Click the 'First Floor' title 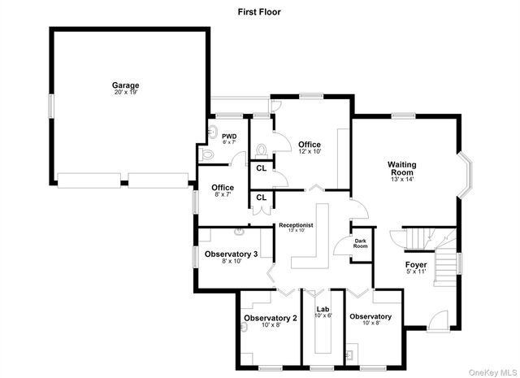pos(259,11)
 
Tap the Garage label pos(125,85)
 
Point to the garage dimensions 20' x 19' pos(125,93)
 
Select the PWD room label pos(229,137)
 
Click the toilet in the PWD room pos(206,152)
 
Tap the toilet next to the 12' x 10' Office pos(262,150)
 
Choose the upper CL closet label pos(261,168)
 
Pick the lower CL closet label pos(261,197)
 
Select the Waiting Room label pos(401,168)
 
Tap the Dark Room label pos(360,243)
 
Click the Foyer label pos(415,265)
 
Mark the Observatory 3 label pos(231,254)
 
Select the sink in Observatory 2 pos(243,328)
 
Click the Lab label pos(323,309)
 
